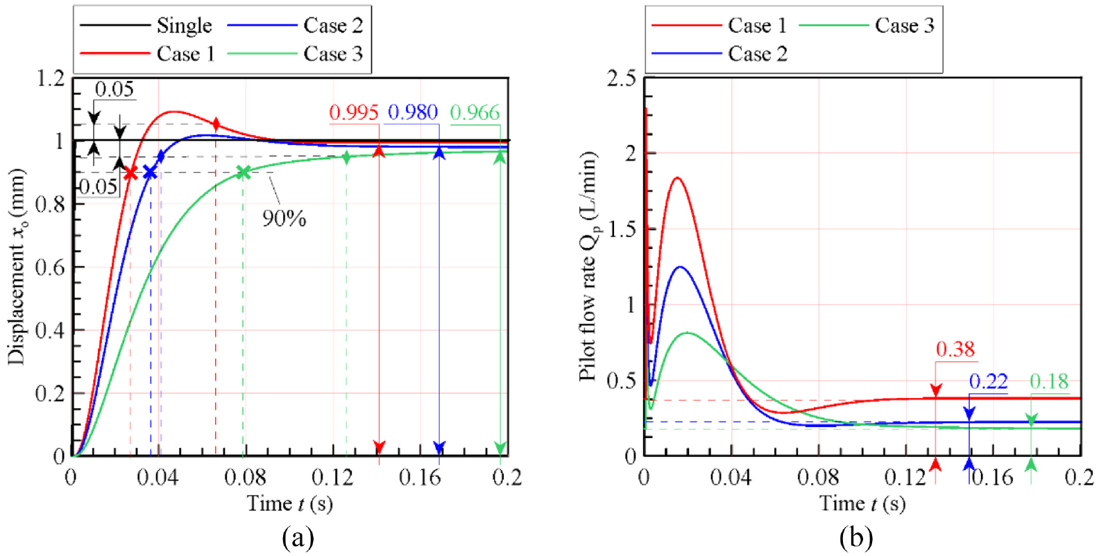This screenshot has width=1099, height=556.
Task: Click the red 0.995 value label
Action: click(x=354, y=113)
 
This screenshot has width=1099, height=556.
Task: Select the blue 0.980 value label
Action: click(x=413, y=113)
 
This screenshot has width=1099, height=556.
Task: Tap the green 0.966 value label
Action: click(x=475, y=113)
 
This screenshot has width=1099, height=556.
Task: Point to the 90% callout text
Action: click(x=284, y=218)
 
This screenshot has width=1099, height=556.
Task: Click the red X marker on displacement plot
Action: click(x=130, y=173)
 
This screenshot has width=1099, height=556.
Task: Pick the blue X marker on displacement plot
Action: click(x=150, y=173)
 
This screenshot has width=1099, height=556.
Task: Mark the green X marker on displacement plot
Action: click(x=244, y=173)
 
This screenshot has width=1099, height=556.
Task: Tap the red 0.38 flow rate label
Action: click(x=955, y=349)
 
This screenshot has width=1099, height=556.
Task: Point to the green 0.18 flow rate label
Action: click(x=1050, y=381)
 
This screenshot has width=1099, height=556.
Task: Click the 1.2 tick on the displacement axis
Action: click(x=51, y=78)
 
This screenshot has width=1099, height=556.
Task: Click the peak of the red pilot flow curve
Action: click(x=678, y=178)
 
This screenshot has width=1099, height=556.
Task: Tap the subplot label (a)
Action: click(x=298, y=538)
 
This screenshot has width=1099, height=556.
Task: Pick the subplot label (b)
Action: click(x=856, y=538)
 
